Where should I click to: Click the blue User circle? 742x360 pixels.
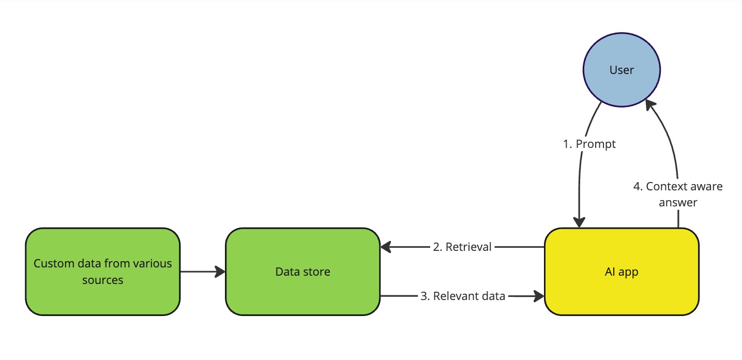click(x=622, y=70)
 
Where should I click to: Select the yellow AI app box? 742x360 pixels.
click(x=622, y=272)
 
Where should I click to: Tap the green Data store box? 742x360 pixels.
click(x=302, y=272)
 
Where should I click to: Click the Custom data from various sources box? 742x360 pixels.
click(x=102, y=272)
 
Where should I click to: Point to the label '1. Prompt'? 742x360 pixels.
click(x=589, y=144)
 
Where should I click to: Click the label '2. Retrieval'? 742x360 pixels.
click(x=462, y=247)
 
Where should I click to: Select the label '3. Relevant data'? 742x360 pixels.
click(x=462, y=296)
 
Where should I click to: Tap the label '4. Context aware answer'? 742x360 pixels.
click(x=678, y=194)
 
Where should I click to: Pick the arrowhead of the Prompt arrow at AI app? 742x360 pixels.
click(x=579, y=222)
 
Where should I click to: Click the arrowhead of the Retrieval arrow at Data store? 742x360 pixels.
click(x=386, y=248)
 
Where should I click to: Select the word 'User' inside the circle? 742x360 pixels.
click(x=622, y=70)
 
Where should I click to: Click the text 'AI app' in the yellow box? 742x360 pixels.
click(x=622, y=272)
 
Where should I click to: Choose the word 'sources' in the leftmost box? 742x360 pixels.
click(x=102, y=280)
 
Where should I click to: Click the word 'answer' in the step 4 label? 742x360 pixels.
click(x=678, y=202)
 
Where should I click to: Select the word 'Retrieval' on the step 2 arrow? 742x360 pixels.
click(x=468, y=247)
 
